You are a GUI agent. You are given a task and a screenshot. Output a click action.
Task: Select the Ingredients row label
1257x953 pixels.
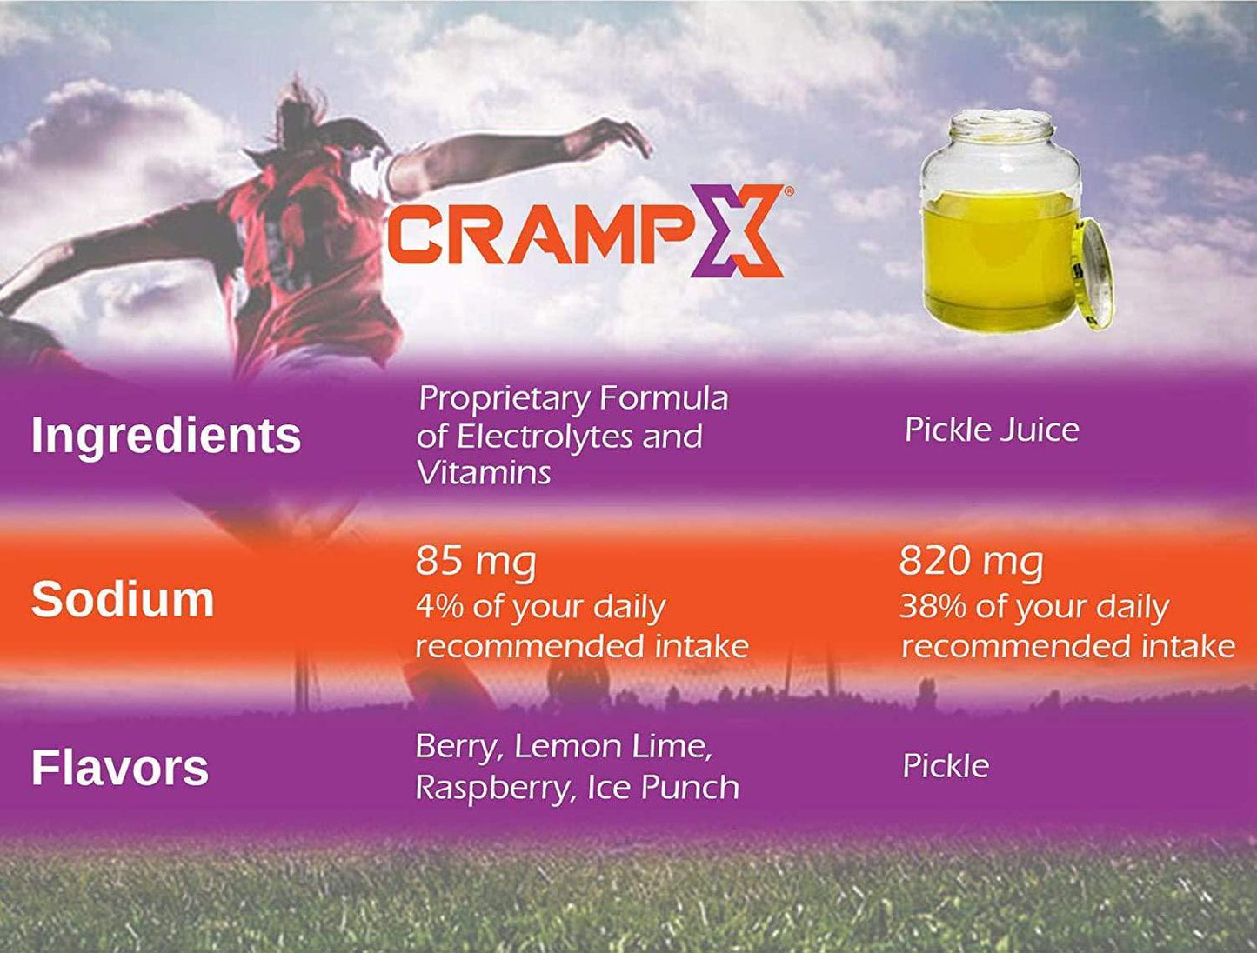pyautogui.click(x=165, y=435)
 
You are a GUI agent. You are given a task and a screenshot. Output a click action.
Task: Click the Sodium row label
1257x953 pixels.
pyautogui.click(x=123, y=599)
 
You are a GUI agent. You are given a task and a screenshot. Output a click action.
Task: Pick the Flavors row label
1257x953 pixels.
pyautogui.click(x=120, y=768)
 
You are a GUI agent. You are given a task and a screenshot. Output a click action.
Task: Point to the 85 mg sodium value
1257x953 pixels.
pyautogui.click(x=475, y=562)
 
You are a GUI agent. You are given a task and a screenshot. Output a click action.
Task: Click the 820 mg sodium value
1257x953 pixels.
pyautogui.click(x=971, y=562)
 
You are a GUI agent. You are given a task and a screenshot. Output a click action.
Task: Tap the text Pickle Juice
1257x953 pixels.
pyautogui.click(x=992, y=430)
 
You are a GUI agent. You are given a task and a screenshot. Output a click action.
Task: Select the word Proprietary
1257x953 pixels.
pyautogui.click(x=502, y=399)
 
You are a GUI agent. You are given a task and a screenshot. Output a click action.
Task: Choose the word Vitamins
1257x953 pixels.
pyautogui.click(x=484, y=473)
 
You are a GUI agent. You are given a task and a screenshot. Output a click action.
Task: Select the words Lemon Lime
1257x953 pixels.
pyautogui.click(x=613, y=747)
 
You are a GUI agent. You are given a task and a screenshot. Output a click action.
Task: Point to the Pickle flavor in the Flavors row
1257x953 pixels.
pyautogui.click(x=946, y=766)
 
